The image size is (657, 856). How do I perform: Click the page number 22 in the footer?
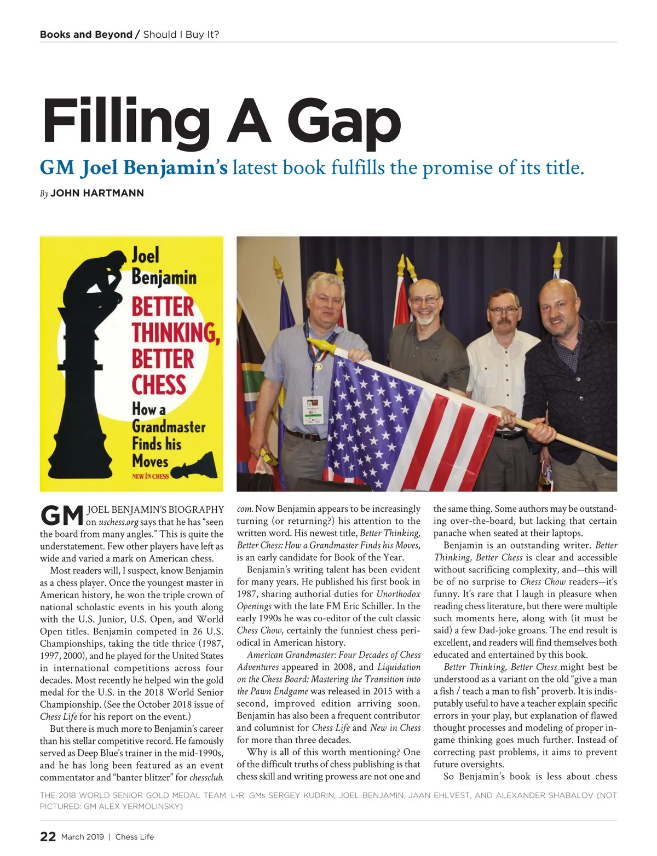click(48, 836)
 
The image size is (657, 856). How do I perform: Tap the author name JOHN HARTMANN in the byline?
click(97, 193)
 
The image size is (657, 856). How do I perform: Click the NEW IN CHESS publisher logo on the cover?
click(150, 476)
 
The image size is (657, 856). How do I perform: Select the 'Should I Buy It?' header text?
click(181, 34)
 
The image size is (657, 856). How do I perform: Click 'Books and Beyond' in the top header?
click(86, 34)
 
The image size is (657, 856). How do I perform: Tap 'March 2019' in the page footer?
click(80, 836)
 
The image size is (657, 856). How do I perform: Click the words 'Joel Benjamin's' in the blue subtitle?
click(154, 167)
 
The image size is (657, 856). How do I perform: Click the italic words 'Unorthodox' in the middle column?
click(398, 594)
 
